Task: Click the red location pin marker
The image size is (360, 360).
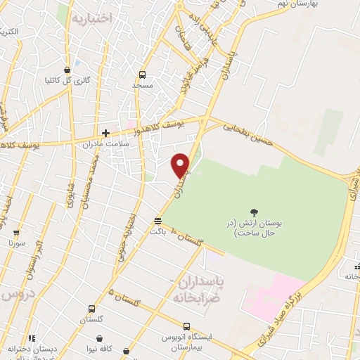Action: (181, 165)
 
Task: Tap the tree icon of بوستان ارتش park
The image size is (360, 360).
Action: (254, 211)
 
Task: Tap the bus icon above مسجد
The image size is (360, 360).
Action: (143, 75)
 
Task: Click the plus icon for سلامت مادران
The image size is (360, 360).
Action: (105, 132)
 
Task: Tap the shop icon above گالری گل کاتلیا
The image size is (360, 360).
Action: (67, 70)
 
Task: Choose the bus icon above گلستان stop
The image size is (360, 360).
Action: (92, 308)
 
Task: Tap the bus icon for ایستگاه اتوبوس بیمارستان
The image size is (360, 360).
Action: (186, 326)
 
